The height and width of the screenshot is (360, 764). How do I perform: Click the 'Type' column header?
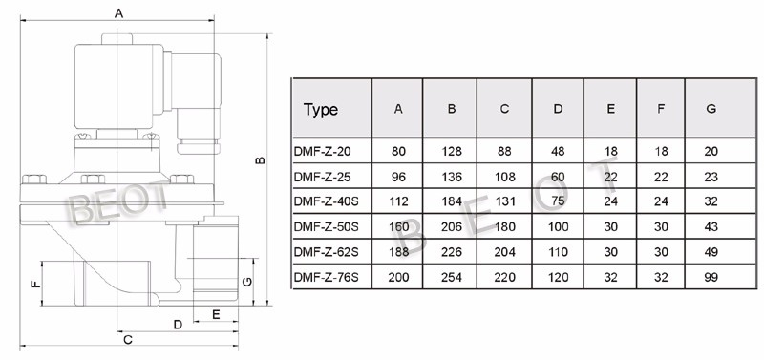point(321,109)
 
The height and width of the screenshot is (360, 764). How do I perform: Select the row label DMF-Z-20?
point(322,152)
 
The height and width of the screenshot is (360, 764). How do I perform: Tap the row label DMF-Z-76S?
point(326,278)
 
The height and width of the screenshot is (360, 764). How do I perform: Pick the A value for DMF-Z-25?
point(398,177)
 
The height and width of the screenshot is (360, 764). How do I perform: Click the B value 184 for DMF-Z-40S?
point(451,201)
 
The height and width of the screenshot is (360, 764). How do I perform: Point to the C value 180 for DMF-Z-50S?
point(504,227)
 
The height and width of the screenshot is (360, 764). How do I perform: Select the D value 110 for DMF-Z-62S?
point(558,252)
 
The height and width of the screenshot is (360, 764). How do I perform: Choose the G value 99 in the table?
point(711,278)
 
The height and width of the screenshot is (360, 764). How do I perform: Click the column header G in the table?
point(711,109)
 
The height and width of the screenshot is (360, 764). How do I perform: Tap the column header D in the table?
point(558,109)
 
